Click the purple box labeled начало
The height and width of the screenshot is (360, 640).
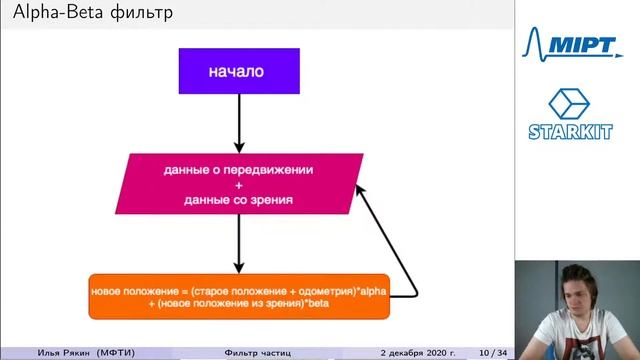(x=237, y=71)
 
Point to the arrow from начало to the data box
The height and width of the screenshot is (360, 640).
(x=238, y=124)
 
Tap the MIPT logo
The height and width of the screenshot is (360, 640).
(x=576, y=44)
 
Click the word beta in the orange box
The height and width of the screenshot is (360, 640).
(x=317, y=302)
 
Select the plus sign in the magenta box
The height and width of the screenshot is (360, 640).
(x=238, y=185)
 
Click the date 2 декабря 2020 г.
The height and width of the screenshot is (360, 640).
(x=417, y=352)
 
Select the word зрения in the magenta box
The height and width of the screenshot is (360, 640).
(x=272, y=200)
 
